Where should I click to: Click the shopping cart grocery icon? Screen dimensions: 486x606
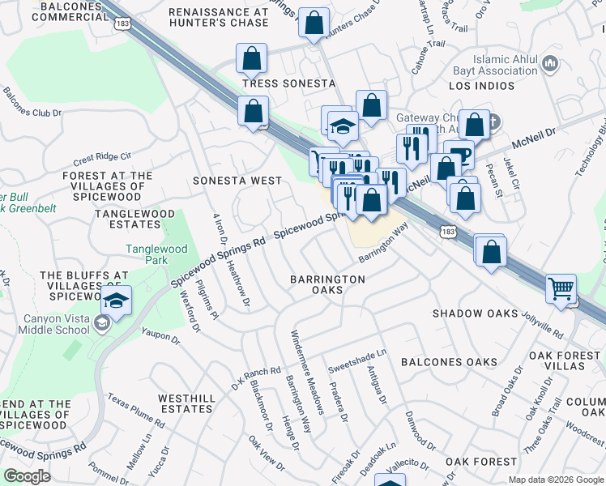point(561,288)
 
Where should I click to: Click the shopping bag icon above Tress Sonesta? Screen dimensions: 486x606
point(252,58)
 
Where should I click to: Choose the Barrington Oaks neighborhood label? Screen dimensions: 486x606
point(327,285)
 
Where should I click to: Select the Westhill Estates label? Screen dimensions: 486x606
point(186,403)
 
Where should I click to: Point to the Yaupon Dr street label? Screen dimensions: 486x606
point(160,333)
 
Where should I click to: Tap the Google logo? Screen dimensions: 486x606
point(27,476)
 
